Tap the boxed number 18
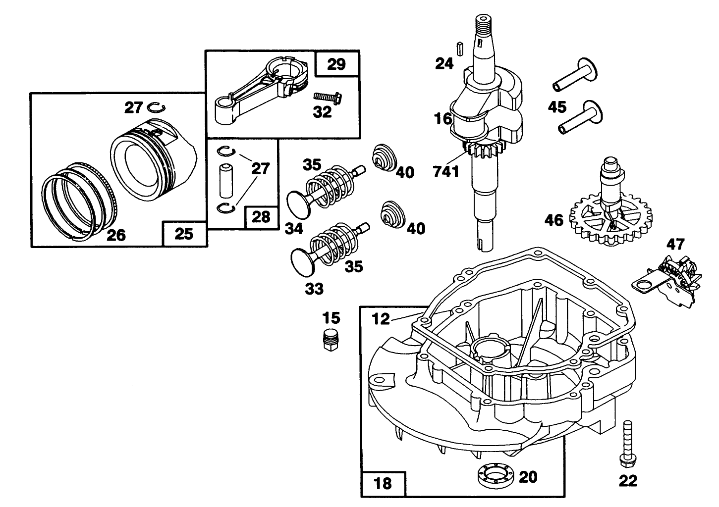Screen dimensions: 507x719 click(383, 483)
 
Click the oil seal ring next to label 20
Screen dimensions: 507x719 click(492, 476)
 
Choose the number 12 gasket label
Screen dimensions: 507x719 click(381, 319)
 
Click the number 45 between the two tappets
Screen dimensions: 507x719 click(557, 107)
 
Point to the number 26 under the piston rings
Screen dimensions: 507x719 click(116, 235)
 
